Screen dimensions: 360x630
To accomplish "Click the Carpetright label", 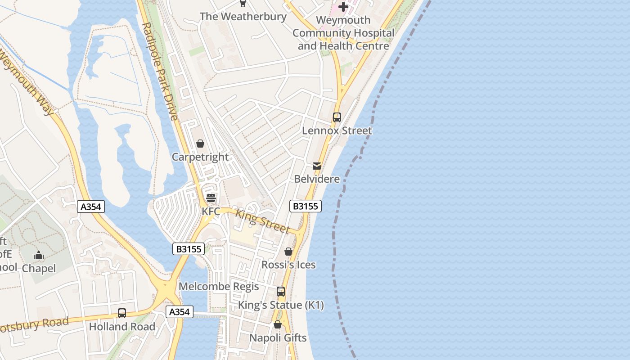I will [x=200, y=157].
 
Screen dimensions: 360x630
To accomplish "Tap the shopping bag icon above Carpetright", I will [x=200, y=144].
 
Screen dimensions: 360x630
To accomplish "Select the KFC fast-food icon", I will [x=211, y=198].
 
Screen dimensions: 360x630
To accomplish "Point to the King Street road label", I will [x=263, y=222].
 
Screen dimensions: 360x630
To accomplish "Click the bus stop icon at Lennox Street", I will [x=337, y=117].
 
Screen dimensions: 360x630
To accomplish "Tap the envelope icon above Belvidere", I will [x=317, y=166].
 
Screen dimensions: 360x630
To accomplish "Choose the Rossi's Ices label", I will [x=288, y=265].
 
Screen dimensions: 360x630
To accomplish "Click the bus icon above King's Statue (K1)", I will [x=281, y=292].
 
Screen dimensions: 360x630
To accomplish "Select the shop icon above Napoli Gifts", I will [x=278, y=324].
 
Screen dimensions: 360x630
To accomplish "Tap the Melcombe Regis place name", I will [x=219, y=287].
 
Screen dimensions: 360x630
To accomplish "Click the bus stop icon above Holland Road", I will [x=122, y=313].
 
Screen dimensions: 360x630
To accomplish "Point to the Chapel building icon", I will [x=39, y=256].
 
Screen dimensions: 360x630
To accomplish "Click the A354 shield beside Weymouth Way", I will [x=91, y=207].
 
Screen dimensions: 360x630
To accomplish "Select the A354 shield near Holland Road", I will [x=180, y=312].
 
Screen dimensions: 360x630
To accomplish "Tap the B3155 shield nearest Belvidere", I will [x=305, y=206].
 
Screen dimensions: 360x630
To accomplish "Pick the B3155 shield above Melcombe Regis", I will [x=189, y=249].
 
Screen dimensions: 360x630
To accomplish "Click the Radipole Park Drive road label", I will [x=160, y=72].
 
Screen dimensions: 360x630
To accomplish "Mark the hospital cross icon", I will [x=343, y=7].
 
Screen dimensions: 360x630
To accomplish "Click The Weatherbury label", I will [x=243, y=17].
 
